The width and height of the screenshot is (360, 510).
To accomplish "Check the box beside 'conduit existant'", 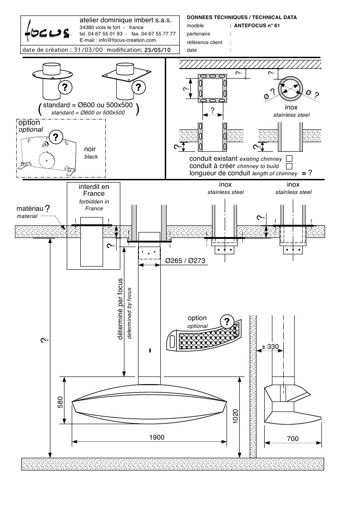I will [x=289, y=158].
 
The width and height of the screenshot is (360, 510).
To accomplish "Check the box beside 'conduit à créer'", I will [x=289, y=166].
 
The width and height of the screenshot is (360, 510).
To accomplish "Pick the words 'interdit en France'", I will [x=94, y=189].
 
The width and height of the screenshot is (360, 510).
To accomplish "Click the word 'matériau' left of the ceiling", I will [x=30, y=208].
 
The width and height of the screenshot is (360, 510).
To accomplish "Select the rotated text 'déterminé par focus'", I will [x=121, y=309].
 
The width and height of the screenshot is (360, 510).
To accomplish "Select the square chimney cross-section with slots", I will [x=212, y=87].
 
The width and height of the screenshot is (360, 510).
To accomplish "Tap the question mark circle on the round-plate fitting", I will [x=65, y=86].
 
